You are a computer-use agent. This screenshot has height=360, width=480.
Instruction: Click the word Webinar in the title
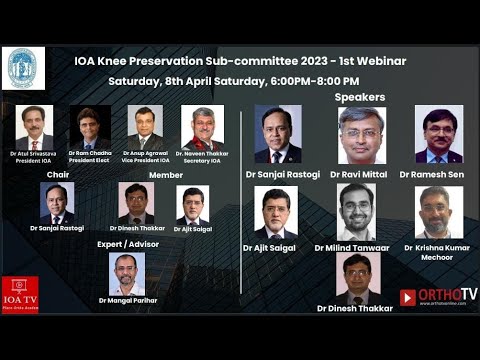coord(374,61)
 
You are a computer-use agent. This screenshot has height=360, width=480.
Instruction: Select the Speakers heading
coord(360,97)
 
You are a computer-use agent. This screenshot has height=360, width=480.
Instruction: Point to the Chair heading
coord(57,174)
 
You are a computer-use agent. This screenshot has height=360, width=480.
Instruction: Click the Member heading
coord(166,174)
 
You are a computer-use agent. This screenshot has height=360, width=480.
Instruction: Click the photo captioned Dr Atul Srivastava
coord(35,127)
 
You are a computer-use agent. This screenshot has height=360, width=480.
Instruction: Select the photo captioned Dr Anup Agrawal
coord(145,127)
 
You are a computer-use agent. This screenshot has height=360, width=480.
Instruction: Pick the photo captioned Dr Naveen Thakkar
coord(203,127)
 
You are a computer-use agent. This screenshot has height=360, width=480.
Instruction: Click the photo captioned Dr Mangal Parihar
coord(127,273)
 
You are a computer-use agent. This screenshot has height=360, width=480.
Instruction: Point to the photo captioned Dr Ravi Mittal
coord(361,135)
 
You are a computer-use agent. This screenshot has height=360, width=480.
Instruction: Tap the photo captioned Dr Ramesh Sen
coord(439,135)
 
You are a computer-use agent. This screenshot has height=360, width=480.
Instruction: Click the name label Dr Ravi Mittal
coord(361,174)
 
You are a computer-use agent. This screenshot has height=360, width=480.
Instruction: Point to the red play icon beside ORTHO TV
coord(408,297)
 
